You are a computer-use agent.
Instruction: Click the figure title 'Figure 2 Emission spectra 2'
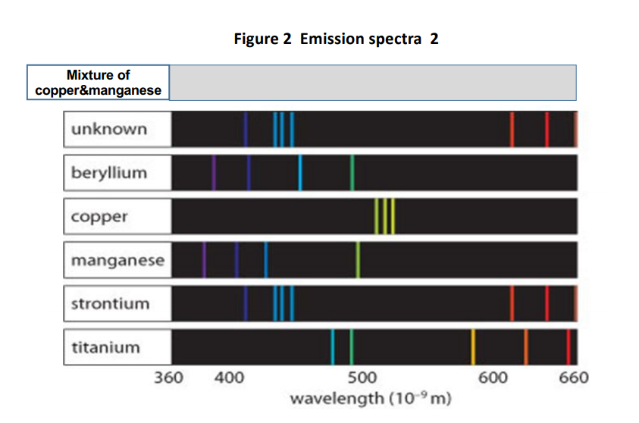[x=336, y=39]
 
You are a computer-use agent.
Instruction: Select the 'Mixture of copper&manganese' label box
[x=99, y=83]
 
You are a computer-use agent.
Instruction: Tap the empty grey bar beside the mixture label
[x=372, y=83]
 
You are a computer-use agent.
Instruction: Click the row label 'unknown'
[x=109, y=129]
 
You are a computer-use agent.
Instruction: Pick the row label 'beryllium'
[x=109, y=173]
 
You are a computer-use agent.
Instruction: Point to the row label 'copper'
[x=99, y=217]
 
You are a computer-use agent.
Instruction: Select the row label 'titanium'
[x=106, y=348]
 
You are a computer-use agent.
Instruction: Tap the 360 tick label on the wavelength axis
[x=168, y=378]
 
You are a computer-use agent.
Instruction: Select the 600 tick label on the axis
[x=493, y=378]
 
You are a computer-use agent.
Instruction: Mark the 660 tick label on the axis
[x=572, y=378]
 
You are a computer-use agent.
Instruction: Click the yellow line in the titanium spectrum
[x=473, y=347]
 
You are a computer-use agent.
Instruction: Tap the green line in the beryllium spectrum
[x=352, y=173]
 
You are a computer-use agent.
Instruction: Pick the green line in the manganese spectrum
[x=358, y=260]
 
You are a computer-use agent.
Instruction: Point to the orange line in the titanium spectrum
[x=525, y=347]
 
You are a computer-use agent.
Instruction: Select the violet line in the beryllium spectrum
[x=214, y=173]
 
